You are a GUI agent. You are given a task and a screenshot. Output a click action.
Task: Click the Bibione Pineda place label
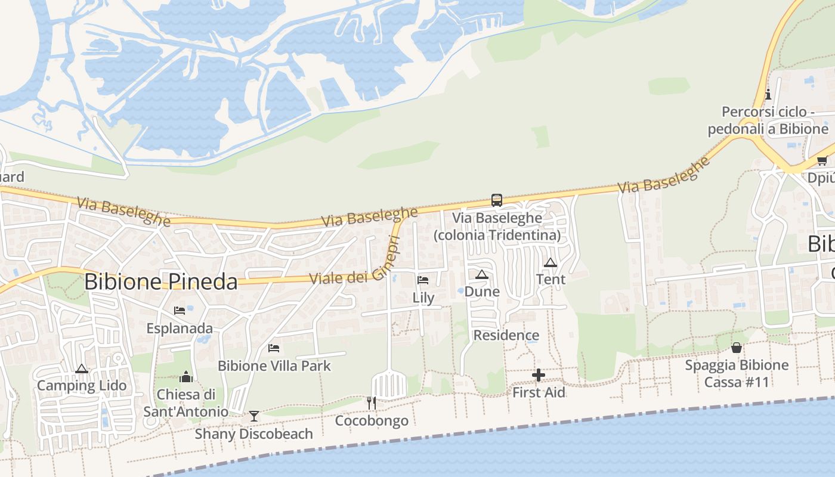(x=161, y=281)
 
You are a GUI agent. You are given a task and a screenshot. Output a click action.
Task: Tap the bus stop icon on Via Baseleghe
(x=496, y=200)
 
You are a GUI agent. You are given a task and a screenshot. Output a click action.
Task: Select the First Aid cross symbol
(x=539, y=375)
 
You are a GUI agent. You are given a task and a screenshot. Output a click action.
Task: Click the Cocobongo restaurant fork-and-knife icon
(x=371, y=403)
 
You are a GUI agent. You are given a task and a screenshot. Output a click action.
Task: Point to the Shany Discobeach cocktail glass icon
(x=254, y=416)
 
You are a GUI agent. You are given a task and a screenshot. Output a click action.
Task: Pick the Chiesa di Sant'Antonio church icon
(x=186, y=377)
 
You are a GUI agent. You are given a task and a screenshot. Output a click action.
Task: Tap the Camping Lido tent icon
(x=82, y=368)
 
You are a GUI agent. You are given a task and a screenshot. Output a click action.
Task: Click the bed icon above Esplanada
(x=179, y=310)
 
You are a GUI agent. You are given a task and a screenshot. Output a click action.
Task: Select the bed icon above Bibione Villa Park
(x=274, y=348)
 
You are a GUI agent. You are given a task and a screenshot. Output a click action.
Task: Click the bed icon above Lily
(x=423, y=280)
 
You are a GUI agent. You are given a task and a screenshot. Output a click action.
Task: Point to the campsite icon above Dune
(x=482, y=274)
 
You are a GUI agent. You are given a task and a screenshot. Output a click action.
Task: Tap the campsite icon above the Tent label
(x=551, y=262)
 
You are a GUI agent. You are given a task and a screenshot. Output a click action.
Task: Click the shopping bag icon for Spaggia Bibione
(x=737, y=348)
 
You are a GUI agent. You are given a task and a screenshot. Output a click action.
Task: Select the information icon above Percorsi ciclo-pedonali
(x=768, y=94)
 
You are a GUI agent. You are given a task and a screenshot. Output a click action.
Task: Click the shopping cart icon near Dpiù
(x=822, y=160)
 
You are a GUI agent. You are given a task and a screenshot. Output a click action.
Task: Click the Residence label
(x=506, y=335)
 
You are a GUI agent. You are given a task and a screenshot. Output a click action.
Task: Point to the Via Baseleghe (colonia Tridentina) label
(x=497, y=227)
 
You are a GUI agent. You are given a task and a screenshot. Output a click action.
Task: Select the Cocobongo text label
(x=372, y=421)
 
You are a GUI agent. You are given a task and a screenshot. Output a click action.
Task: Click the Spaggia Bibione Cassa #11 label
(x=737, y=373)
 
